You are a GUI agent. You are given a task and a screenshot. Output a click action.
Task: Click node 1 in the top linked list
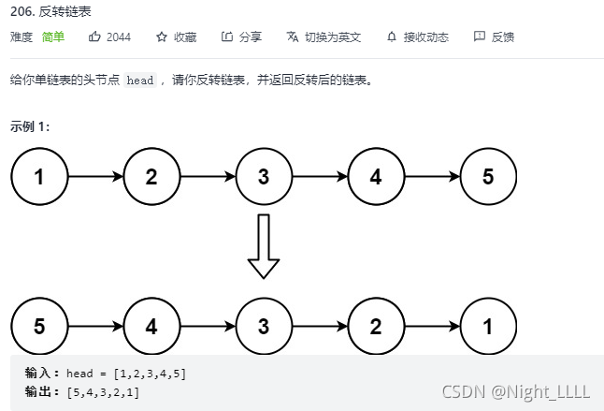pyautogui.click(x=39, y=176)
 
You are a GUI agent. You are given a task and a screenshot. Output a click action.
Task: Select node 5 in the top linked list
pyautogui.click(x=488, y=176)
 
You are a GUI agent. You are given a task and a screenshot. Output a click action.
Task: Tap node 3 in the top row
pyautogui.click(x=264, y=176)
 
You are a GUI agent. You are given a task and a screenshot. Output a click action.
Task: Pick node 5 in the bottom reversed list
pyautogui.click(x=39, y=327)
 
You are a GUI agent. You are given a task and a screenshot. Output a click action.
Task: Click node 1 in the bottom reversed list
pyautogui.click(x=488, y=327)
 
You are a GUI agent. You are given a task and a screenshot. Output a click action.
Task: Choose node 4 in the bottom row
pyautogui.click(x=151, y=327)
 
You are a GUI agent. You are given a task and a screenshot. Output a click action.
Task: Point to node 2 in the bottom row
pyautogui.click(x=376, y=327)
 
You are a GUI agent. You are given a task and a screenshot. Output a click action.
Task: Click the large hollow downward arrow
pyautogui.click(x=264, y=246)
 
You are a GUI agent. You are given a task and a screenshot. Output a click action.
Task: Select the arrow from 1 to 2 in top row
pyautogui.click(x=95, y=176)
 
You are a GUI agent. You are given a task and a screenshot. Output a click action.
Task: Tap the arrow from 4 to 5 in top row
pyautogui.click(x=432, y=176)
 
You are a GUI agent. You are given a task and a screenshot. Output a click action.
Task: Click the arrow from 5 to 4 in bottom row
pyautogui.click(x=95, y=327)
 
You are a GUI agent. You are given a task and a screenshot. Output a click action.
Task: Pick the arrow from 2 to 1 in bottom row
pyautogui.click(x=432, y=327)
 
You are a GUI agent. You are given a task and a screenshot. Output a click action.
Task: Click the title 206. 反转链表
pyautogui.click(x=45, y=12)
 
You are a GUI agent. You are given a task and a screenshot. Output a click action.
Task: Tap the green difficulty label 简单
pyautogui.click(x=53, y=37)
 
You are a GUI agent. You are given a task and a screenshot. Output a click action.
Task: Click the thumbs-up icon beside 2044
pyautogui.click(x=94, y=37)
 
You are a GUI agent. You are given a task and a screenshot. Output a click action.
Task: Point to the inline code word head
pyautogui.click(x=140, y=81)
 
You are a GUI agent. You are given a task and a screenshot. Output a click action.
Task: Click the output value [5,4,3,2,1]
pyautogui.click(x=104, y=391)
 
